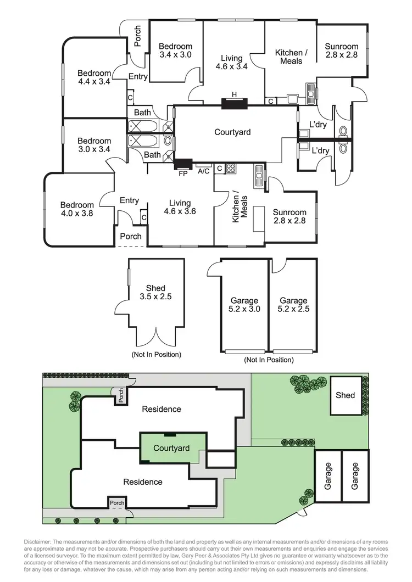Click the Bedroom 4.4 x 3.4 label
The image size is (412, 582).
94,77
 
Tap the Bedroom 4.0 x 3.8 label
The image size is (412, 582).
77,210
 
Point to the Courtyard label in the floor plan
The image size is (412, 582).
232,132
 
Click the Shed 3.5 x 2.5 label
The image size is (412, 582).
155,293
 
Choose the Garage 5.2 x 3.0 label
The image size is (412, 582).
244,305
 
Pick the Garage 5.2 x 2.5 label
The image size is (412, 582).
293,305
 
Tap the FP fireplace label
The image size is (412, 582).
183,174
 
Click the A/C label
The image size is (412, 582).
203,171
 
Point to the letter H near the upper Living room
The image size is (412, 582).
235,94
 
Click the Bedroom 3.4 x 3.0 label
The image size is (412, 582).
176,51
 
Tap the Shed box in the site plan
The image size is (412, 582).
346,395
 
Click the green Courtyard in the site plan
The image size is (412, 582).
171,448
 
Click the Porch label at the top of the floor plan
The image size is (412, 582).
137,36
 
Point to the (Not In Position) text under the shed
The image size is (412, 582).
156,354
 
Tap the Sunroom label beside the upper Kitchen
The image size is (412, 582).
341,51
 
